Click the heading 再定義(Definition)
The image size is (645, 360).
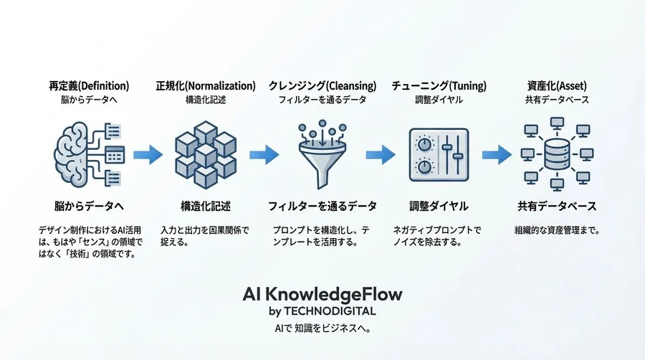point(90,85)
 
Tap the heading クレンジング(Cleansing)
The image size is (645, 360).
point(322,85)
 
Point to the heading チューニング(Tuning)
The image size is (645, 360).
point(439,85)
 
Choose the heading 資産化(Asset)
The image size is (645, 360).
point(556,85)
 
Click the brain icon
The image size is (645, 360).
point(74,153)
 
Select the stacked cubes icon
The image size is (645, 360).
point(206,153)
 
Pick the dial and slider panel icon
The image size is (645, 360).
point(438,153)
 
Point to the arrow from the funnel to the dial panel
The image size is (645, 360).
point(381,153)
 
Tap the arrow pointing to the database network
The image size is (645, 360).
point(496,153)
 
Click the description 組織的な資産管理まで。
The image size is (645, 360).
point(557,231)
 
